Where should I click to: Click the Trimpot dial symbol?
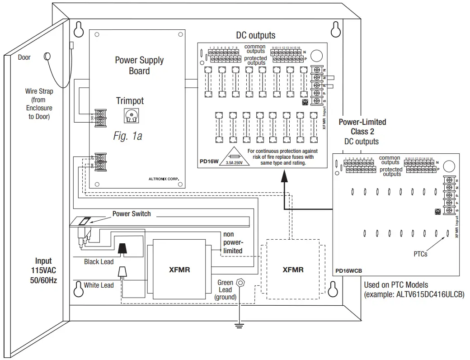click(x=131, y=116)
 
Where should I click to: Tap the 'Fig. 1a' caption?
click(x=127, y=136)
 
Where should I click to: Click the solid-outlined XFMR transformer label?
click(x=179, y=270)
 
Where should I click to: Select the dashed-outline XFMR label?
click(x=293, y=270)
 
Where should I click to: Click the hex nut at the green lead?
click(x=240, y=283)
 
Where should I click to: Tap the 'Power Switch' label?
click(x=132, y=213)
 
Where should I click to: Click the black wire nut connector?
click(x=122, y=248)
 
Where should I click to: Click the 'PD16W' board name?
click(x=209, y=161)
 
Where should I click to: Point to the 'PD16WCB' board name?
click(x=348, y=271)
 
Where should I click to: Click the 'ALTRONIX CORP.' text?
click(x=164, y=179)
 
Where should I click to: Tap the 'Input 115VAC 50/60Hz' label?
click(x=43, y=270)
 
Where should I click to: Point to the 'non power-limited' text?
click(x=233, y=242)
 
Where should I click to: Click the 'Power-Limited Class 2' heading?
click(x=362, y=127)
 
